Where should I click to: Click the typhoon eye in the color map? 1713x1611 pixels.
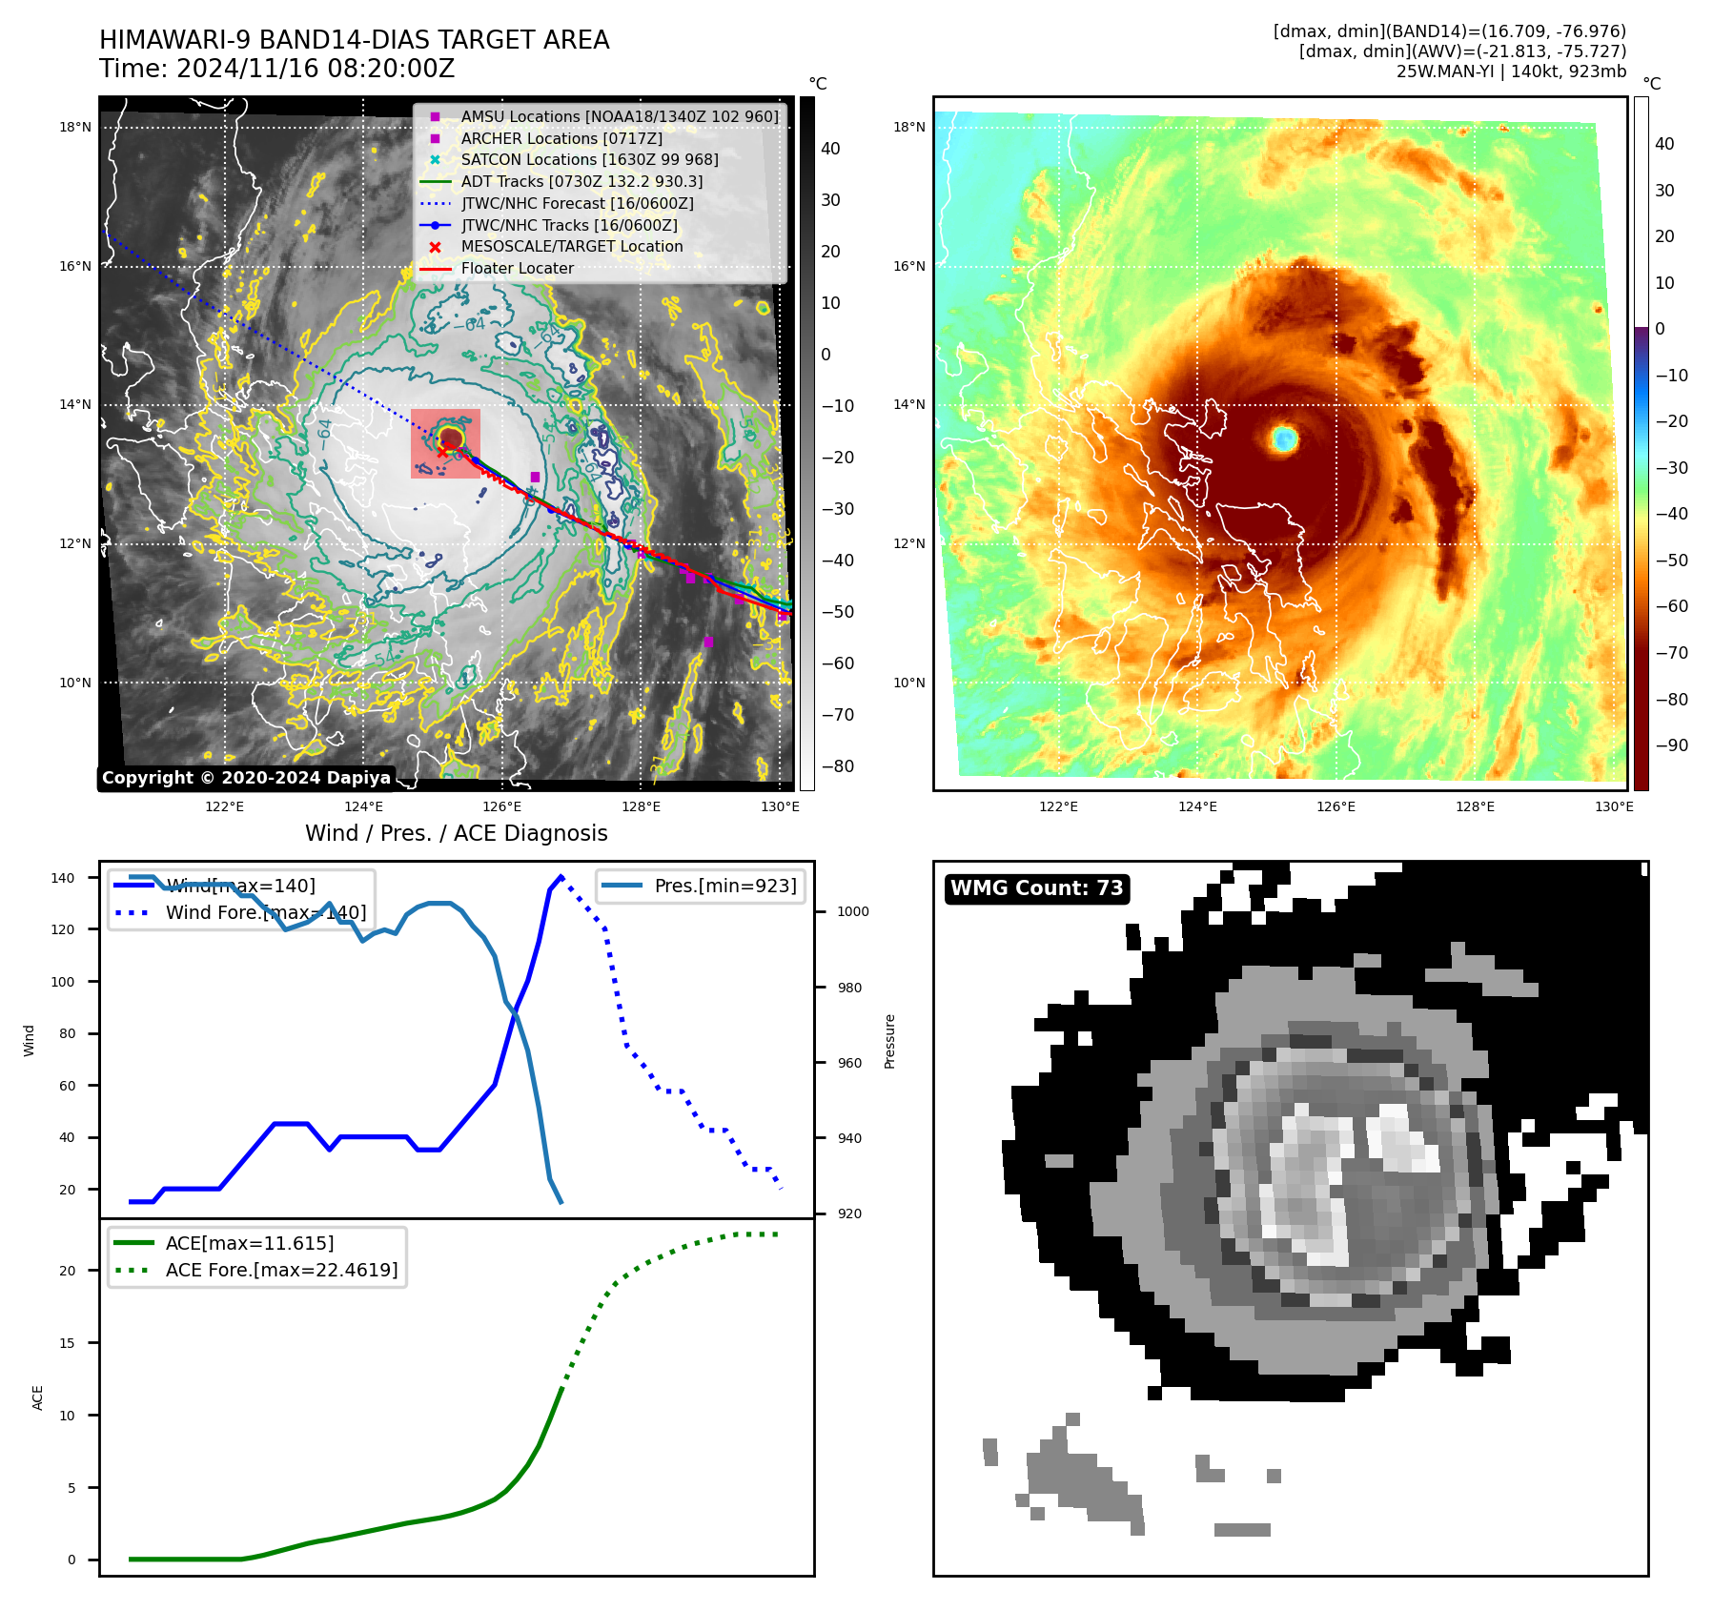[x=1284, y=438]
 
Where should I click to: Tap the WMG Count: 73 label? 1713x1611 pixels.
[x=1036, y=888]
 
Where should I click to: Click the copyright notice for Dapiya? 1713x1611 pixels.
[x=246, y=778]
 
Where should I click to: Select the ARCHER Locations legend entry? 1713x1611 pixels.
[x=561, y=138]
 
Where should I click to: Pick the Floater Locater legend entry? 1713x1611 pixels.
[x=517, y=269]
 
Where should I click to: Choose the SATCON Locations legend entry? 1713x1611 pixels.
[x=589, y=160]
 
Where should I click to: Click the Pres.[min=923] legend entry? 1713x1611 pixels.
[x=724, y=886]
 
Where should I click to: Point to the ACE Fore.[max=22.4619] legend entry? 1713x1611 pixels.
[x=281, y=1270]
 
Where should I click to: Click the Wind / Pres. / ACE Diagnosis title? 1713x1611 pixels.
[x=456, y=833]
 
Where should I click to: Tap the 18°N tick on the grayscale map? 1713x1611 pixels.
[x=75, y=127]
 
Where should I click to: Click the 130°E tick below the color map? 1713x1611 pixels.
[x=1613, y=806]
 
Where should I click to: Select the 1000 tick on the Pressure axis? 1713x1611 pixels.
[x=852, y=911]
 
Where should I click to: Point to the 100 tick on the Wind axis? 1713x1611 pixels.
[x=63, y=982]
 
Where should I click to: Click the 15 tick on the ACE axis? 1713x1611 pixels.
[x=68, y=1343]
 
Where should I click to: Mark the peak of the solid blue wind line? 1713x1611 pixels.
[x=561, y=876]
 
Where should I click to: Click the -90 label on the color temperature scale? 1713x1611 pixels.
[x=1671, y=745]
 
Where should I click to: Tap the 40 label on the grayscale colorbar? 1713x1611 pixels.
[x=830, y=149]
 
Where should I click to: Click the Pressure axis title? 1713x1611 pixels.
[x=889, y=1041]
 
